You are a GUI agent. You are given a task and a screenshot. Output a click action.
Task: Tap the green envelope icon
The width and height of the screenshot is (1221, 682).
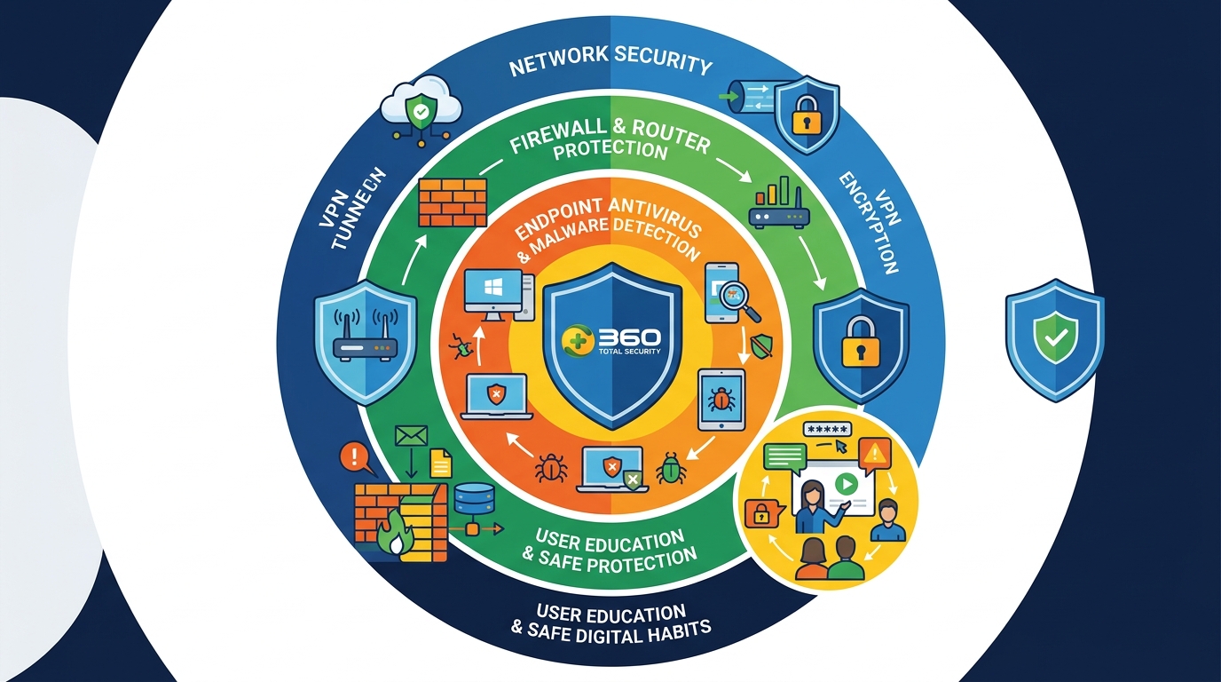tap(412, 436)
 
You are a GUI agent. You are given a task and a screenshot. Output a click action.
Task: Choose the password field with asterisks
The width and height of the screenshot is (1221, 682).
tap(827, 429)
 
